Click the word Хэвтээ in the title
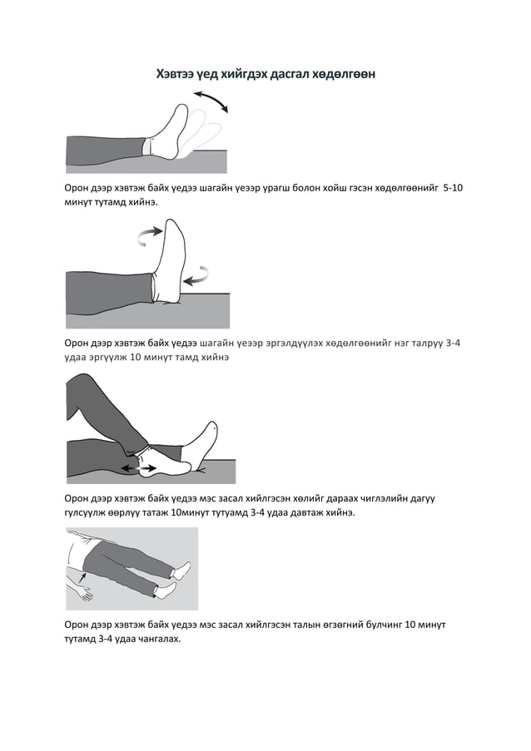click(x=175, y=74)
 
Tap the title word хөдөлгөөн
click(x=343, y=74)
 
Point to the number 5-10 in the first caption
click(x=453, y=188)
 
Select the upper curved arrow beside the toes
click(x=149, y=235)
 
